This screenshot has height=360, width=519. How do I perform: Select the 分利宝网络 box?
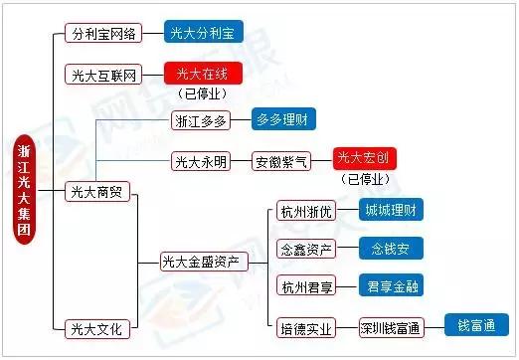point(103,33)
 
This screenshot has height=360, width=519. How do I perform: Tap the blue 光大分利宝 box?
point(204,33)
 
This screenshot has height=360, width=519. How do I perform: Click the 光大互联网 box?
point(103,74)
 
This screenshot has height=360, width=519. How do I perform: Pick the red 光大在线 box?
point(203,73)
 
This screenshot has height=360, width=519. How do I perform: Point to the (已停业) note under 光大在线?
point(203,94)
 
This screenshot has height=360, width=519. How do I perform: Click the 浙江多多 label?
point(201,121)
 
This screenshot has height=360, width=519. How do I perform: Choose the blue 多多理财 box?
point(283,119)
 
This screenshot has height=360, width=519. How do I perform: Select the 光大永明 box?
point(201,160)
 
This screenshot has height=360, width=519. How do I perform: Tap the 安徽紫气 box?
point(283,160)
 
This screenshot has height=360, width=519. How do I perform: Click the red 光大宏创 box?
point(365,157)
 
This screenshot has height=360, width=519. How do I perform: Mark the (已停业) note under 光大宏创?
point(365,181)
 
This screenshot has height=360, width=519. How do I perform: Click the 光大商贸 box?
point(96,190)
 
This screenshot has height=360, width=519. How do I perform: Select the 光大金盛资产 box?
point(201,262)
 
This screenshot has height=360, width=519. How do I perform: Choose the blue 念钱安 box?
point(390,248)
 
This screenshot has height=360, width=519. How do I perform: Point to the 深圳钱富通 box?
point(391,326)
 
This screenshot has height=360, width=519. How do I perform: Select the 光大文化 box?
point(96,326)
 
